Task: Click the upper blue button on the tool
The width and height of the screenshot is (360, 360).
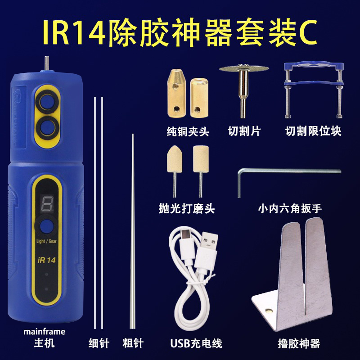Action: click(47, 102)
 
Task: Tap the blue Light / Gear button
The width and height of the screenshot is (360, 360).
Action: click(47, 227)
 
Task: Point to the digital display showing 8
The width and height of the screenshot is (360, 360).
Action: click(47, 203)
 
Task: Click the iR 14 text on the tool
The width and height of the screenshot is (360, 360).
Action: click(46, 260)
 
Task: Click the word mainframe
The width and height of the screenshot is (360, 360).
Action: click(44, 332)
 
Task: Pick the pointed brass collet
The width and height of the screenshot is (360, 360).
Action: click(176, 93)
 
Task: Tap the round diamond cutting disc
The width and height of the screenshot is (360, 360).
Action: click(243, 68)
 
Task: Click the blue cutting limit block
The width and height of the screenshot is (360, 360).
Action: click(314, 90)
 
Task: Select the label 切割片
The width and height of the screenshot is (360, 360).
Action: click(244, 131)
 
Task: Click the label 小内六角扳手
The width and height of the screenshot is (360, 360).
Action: click(290, 209)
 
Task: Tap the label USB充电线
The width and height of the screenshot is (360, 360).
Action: click(196, 343)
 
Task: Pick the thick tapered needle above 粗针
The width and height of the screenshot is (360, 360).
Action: click(132, 231)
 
